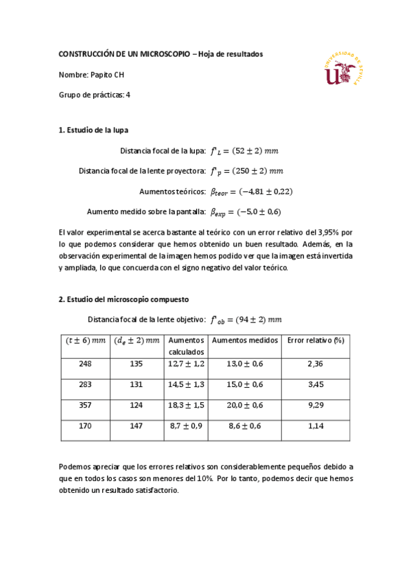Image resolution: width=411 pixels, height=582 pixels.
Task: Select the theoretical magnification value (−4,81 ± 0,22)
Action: point(255,191)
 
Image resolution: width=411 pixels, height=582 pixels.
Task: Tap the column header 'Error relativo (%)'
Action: point(315,340)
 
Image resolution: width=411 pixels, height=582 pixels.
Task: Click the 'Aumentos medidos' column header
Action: point(245,340)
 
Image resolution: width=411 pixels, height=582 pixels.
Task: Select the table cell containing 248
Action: point(85,364)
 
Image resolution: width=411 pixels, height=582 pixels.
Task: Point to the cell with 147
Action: point(137,426)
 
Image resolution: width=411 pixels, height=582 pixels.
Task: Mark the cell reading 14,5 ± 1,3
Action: point(187,385)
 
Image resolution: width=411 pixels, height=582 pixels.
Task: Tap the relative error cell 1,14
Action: point(315,426)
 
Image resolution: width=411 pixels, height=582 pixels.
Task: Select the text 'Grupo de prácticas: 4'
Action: point(95,95)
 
